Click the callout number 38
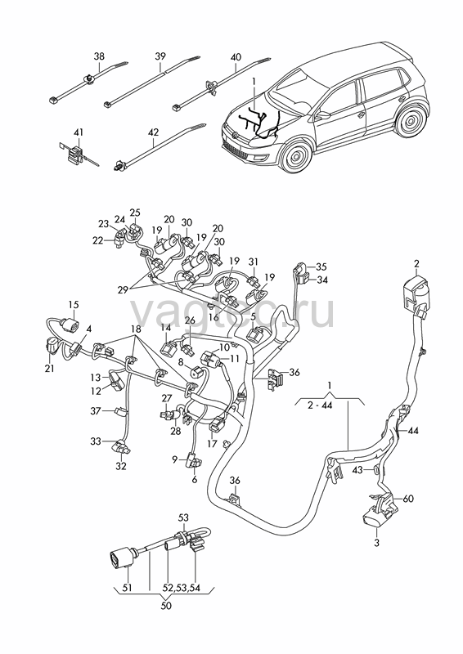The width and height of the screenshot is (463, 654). coord(99,56)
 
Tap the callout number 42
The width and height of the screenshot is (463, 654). coord(153,132)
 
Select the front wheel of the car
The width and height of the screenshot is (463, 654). coord(297,156)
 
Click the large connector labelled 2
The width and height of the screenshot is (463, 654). coord(416,292)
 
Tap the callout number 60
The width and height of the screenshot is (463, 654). coord(408,499)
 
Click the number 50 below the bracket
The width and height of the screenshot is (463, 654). coord(166,605)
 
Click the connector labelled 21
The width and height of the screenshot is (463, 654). coord(52,346)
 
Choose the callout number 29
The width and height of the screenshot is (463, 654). coord(122,290)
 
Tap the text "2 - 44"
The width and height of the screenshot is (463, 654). coord(320,405)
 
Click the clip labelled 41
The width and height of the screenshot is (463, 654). coord(75,152)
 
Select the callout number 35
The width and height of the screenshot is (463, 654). coord(321,267)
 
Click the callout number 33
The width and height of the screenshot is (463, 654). coord(96,441)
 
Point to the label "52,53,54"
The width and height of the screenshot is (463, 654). coord(182,588)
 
